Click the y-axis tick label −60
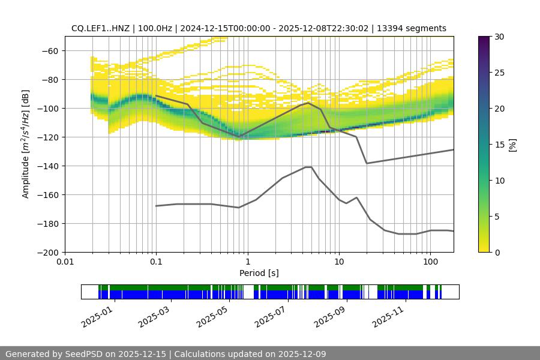pyautogui.click(x=50, y=51)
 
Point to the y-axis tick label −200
pyautogui.click(x=48, y=253)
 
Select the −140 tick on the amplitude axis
pyautogui.click(x=48, y=166)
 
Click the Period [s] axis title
pyautogui.click(x=259, y=273)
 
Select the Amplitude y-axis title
pyautogui.click(x=26, y=144)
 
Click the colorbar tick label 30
pyautogui.click(x=499, y=37)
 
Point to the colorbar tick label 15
pyautogui.click(x=499, y=145)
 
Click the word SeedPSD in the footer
pyautogui.click(x=85, y=354)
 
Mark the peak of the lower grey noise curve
pyautogui.click(x=308, y=167)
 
